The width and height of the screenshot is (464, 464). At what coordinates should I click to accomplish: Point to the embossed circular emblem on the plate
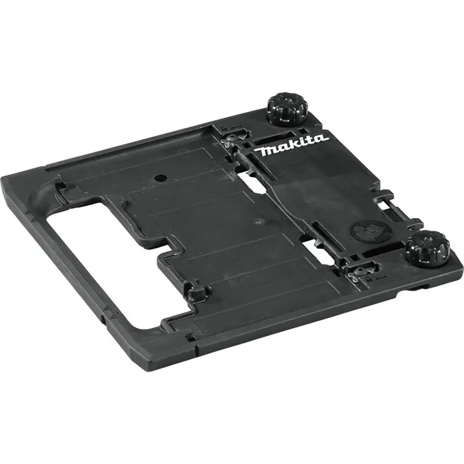click(x=367, y=232)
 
